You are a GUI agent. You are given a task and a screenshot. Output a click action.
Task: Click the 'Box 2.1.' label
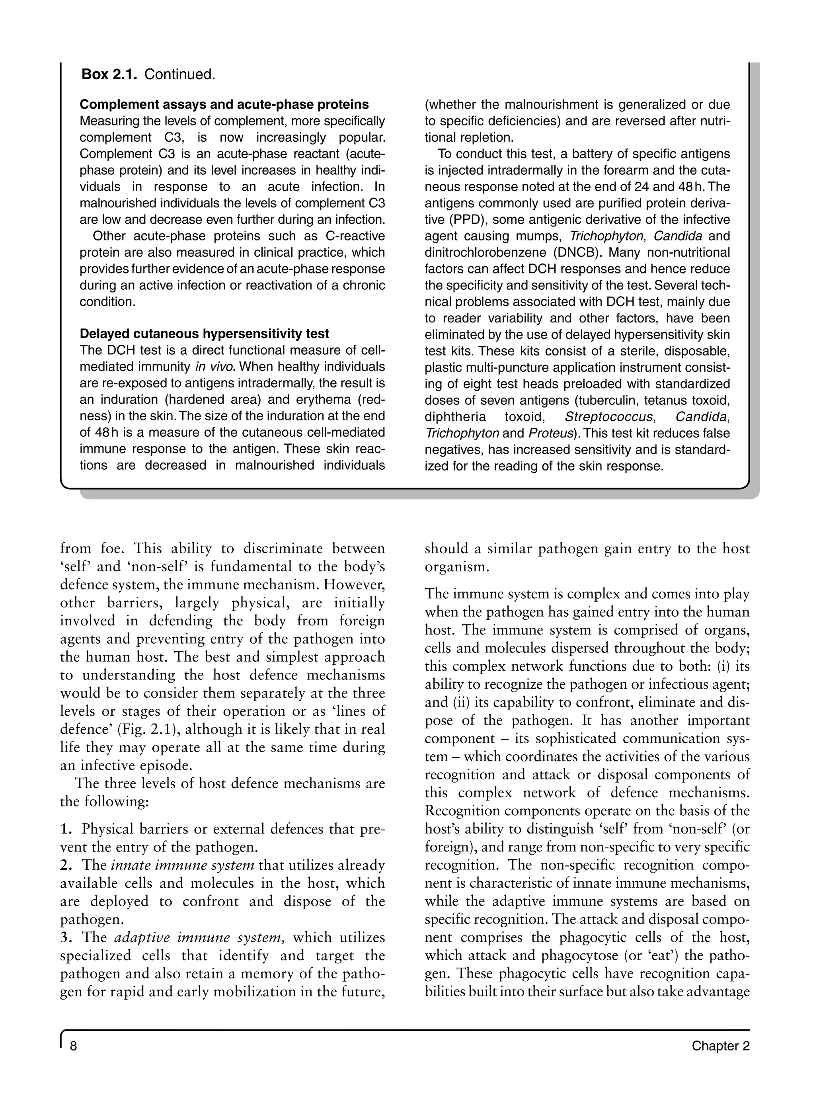[109, 74]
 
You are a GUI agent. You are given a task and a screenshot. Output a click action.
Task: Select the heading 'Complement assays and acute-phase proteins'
[224, 105]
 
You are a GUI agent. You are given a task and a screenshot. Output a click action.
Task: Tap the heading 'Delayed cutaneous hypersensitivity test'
[204, 334]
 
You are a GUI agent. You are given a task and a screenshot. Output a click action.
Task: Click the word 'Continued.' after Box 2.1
[180, 74]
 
